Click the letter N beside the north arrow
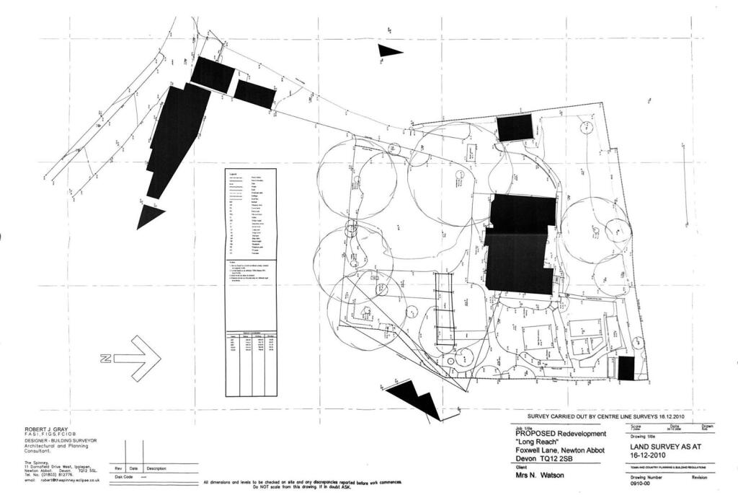coord(105,358)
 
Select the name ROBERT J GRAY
coord(47,429)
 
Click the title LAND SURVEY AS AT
coord(646,447)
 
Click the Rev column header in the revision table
coord(118,469)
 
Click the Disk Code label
coord(124,477)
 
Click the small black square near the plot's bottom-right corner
coord(626,368)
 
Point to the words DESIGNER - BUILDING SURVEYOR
coord(61,440)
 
